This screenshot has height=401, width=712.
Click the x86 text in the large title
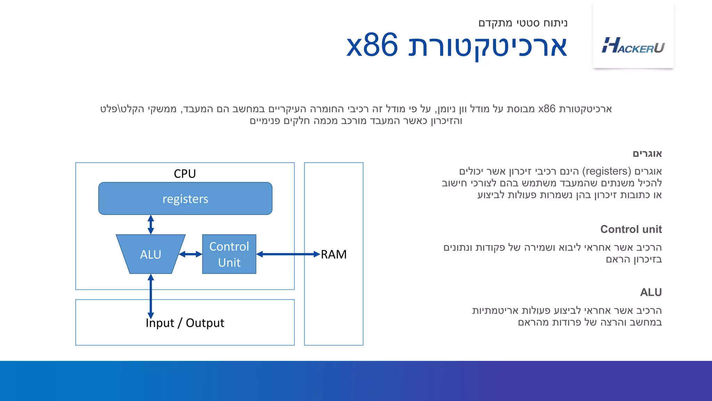(372, 46)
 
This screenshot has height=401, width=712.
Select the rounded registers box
(185, 199)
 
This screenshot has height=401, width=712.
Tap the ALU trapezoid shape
(150, 254)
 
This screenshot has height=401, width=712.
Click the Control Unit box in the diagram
(229, 254)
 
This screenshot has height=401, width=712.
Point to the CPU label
(185, 173)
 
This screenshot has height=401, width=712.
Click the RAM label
(333, 254)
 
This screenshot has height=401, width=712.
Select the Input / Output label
(185, 323)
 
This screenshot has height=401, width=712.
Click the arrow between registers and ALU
(151, 225)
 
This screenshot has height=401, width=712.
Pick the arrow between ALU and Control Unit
(191, 254)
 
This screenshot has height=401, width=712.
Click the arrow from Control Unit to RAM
(288, 254)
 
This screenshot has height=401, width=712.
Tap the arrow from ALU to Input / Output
(151, 296)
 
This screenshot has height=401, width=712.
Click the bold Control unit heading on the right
(631, 229)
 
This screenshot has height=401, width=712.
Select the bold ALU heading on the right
(650, 292)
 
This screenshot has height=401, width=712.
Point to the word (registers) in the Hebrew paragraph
(606, 171)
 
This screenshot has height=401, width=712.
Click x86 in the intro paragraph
(547, 109)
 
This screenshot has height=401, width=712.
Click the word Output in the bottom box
(205, 323)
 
